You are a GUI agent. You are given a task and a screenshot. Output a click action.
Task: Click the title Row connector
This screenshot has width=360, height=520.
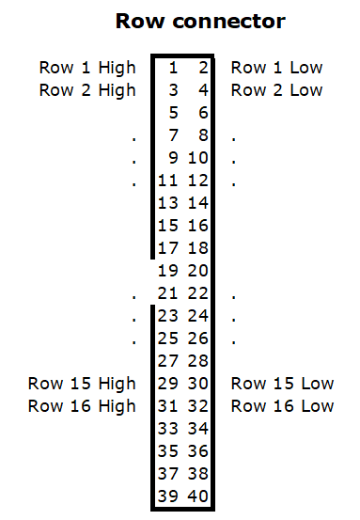[199, 20]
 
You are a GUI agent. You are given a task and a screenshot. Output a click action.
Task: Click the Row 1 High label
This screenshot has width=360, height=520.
[87, 68]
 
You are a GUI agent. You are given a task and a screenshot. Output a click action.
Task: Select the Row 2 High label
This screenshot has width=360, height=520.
[87, 90]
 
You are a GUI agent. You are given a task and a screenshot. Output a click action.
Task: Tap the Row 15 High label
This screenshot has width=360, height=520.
[82, 384]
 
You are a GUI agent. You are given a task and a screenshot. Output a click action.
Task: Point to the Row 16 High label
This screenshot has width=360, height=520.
[82, 406]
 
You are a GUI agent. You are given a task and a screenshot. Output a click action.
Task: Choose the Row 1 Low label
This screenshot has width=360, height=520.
[276, 68]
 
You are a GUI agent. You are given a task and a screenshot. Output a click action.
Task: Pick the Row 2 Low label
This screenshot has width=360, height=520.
[276, 90]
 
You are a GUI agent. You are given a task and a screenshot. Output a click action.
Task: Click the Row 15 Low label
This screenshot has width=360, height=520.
[282, 384]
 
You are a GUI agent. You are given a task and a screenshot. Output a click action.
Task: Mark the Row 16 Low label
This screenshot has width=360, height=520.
[282, 406]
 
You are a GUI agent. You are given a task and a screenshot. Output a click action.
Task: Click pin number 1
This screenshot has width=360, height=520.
[173, 68]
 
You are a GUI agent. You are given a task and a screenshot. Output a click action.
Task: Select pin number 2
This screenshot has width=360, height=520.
[202, 68]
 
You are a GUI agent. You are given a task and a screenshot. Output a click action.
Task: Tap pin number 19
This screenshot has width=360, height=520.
[167, 271]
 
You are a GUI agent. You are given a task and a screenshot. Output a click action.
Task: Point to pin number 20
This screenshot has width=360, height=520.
[197, 271]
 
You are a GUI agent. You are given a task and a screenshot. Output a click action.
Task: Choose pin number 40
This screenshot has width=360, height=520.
[197, 496]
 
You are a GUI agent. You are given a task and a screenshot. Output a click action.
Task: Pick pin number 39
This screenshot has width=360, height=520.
[167, 496]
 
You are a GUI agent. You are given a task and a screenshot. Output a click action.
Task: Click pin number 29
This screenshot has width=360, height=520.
[167, 384]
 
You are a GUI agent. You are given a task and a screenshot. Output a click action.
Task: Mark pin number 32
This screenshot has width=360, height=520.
[197, 406]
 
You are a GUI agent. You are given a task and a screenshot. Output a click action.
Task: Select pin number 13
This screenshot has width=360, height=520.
[167, 203]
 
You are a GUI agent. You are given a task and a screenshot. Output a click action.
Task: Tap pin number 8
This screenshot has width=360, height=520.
[202, 135]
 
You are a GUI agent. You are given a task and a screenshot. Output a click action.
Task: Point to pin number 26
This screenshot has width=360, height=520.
[197, 339]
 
